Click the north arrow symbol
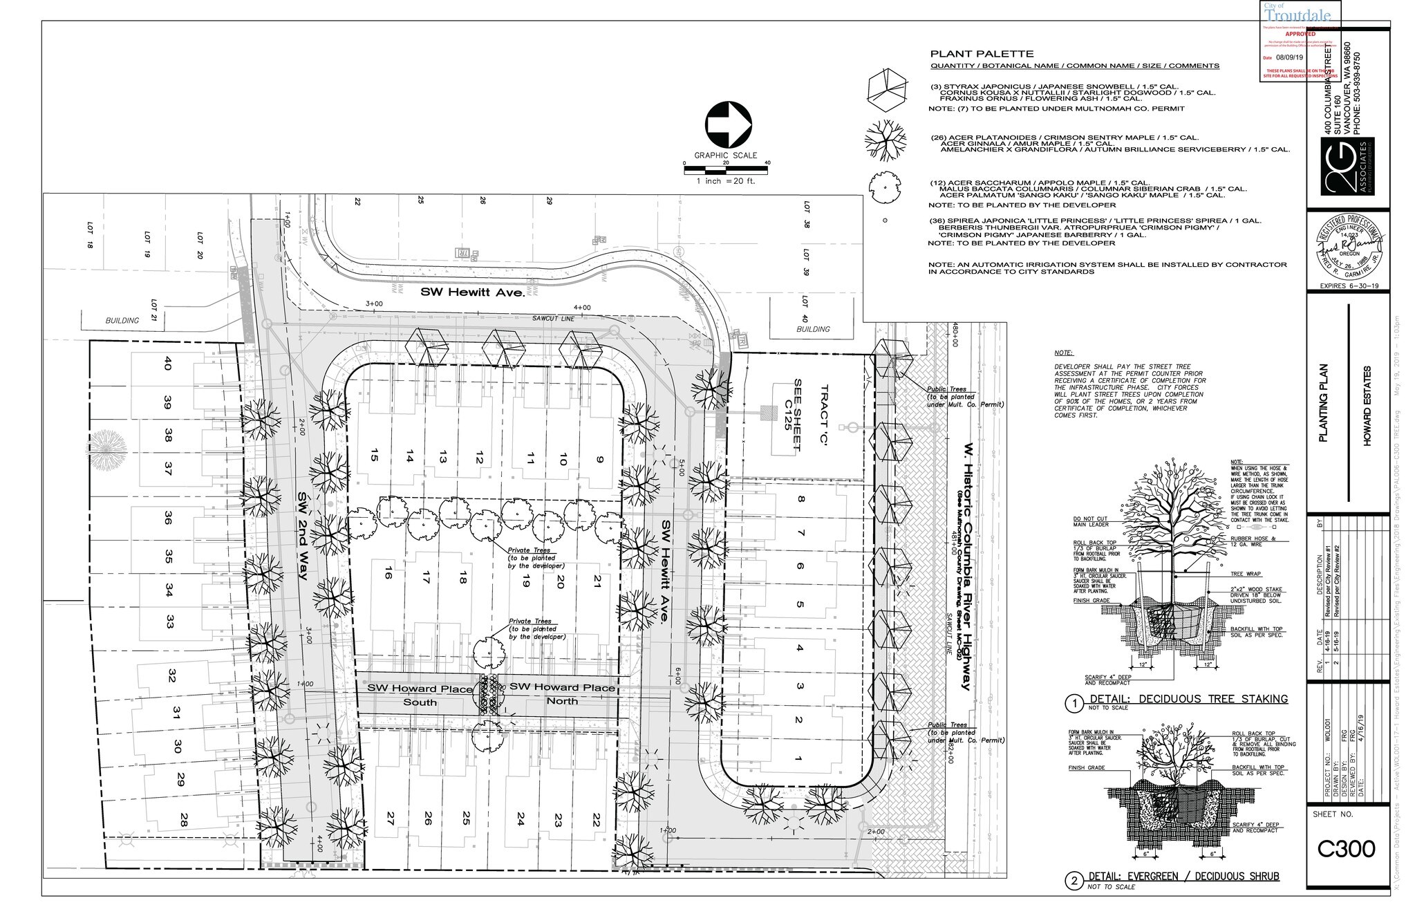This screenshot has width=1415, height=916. coord(728,125)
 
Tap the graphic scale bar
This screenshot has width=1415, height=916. coord(727,169)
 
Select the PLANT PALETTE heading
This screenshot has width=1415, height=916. coord(982,54)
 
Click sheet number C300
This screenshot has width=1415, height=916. coord(1344,849)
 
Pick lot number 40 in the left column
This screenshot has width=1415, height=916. coord(167,364)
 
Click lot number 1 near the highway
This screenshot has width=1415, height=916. coord(799,760)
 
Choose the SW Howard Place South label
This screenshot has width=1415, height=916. coord(420,695)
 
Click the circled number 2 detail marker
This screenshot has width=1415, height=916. coord(1074,881)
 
